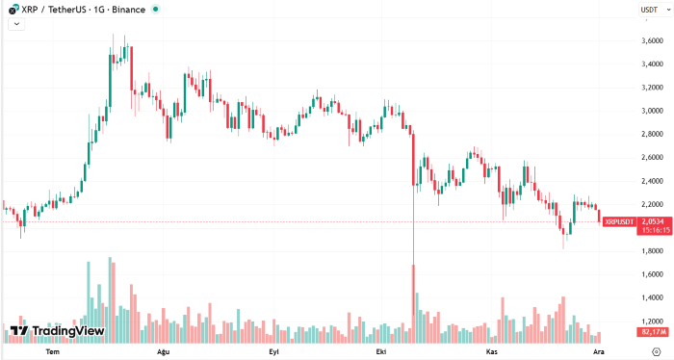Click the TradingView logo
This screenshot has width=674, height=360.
coord(57,331)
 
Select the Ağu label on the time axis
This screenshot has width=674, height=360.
coord(163,352)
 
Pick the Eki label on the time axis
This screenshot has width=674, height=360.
coord(380,352)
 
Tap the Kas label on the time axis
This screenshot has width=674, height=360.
coord(491,352)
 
